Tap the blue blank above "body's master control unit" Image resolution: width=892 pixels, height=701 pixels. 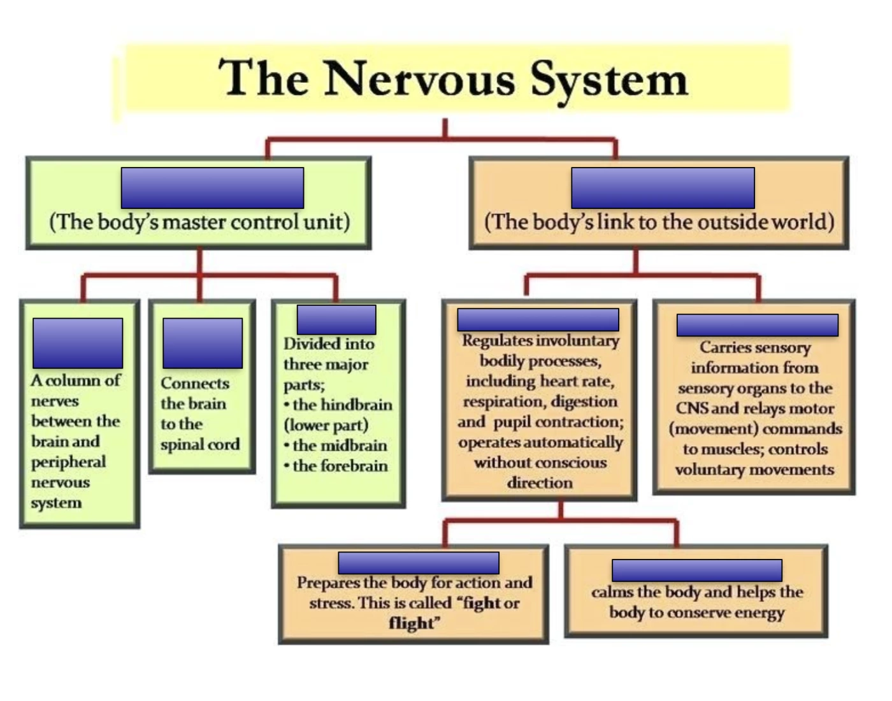tap(212, 188)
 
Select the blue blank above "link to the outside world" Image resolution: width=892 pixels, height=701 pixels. tap(663, 188)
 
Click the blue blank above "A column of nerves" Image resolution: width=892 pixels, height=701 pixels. tap(78, 343)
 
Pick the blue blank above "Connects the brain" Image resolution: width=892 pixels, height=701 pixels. tap(203, 343)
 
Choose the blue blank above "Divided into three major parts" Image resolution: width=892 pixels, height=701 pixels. tap(336, 319)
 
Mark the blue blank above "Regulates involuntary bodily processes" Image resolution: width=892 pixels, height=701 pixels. tap(538, 320)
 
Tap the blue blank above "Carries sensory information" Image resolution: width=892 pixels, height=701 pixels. tap(757, 325)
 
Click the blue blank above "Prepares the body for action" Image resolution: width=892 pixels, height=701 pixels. tap(419, 563)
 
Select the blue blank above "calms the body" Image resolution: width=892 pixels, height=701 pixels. tap(696, 570)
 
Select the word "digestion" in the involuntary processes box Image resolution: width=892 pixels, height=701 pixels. tap(584, 401)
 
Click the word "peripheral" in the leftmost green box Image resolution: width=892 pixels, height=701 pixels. tap(68, 462)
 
